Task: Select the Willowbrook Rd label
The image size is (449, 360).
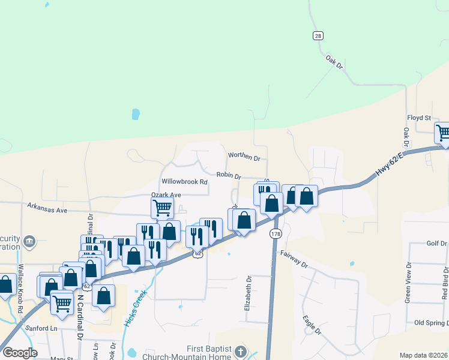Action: pos(184,181)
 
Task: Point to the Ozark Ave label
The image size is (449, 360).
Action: pos(166,195)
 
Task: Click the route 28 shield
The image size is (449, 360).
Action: pos(318,36)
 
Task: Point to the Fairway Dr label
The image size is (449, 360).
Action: pos(294,259)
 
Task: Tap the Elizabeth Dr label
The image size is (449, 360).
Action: pos(247,293)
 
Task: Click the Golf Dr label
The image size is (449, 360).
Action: pos(436,243)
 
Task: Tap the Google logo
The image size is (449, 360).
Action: pos(20,353)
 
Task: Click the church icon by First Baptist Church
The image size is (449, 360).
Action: pos(240,351)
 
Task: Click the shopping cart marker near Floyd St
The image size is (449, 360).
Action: pos(443,133)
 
